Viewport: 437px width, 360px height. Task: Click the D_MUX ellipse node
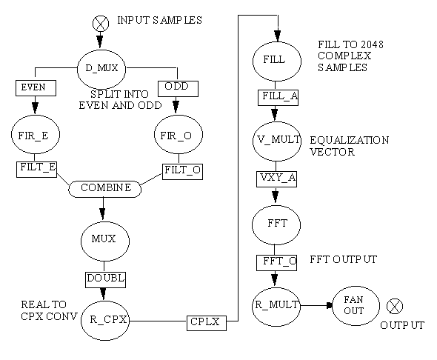click(101, 69)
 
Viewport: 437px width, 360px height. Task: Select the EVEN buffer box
click(36, 88)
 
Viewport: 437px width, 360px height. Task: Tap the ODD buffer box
click(178, 89)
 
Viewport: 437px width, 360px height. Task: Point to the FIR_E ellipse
click(36, 134)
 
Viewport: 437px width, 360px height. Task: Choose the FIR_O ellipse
click(179, 134)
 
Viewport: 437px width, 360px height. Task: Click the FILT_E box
click(36, 170)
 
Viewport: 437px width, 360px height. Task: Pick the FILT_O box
click(182, 172)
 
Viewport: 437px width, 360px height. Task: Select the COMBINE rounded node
click(104, 189)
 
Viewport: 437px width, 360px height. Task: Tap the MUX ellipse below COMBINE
click(105, 241)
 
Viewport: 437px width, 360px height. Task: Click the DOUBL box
click(105, 280)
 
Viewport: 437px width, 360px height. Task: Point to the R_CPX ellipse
click(105, 321)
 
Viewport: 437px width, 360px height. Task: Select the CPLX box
click(207, 323)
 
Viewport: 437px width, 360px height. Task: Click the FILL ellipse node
click(277, 61)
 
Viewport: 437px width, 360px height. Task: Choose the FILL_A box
click(278, 98)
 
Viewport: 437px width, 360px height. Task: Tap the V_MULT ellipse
click(277, 141)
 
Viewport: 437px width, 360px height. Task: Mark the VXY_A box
click(276, 179)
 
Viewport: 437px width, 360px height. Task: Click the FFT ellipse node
click(276, 225)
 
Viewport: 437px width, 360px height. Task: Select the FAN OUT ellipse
click(356, 306)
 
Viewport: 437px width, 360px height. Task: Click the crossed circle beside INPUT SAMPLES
click(101, 23)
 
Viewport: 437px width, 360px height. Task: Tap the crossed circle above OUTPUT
click(395, 306)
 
